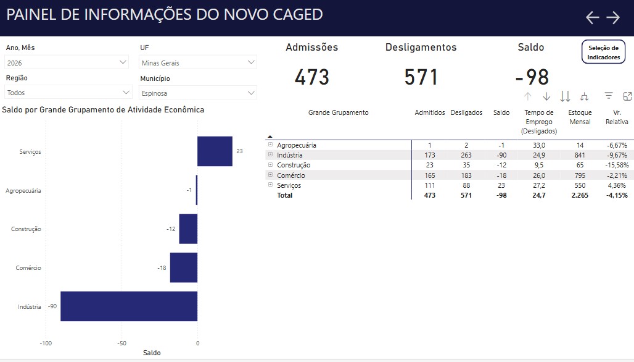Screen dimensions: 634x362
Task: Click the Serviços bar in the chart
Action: click(215, 151)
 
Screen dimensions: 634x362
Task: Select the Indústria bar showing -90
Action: click(129, 306)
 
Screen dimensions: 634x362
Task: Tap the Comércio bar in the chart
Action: click(184, 267)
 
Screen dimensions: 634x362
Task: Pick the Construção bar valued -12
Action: click(188, 229)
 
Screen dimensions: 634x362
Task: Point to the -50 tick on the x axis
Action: click(121, 343)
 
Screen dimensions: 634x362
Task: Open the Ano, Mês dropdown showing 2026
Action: click(67, 62)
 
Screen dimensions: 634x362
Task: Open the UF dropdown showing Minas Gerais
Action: click(198, 62)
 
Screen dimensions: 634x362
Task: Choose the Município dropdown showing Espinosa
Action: click(198, 93)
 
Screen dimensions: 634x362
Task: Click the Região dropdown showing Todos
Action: click(68, 92)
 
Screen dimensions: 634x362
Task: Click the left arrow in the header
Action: click(592, 17)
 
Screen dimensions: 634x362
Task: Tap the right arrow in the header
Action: click(613, 17)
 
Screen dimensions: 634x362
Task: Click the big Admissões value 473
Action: click(311, 77)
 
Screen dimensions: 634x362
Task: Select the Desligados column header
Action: click(466, 112)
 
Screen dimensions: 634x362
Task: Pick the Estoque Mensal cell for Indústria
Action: click(580, 155)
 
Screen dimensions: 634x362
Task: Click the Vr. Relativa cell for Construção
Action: click(617, 165)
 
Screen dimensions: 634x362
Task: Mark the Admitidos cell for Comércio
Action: click(430, 175)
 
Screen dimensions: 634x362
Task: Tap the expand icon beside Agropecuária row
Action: click(271, 144)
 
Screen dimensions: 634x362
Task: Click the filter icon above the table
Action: click(609, 96)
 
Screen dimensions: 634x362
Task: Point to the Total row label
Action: click(285, 195)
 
